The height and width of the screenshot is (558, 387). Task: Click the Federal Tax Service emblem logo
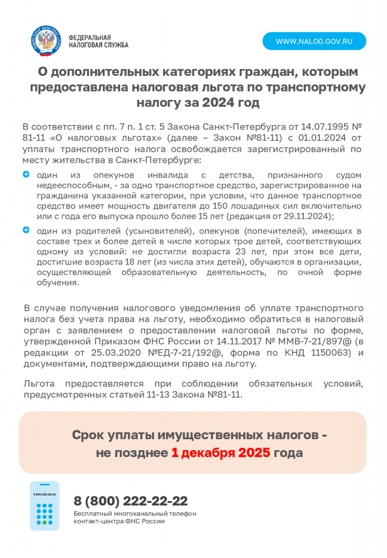(x=45, y=41)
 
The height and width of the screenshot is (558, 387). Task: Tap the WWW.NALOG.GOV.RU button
(x=314, y=41)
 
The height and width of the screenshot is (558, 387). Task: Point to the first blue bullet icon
(x=26, y=175)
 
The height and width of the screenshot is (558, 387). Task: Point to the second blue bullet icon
(x=26, y=230)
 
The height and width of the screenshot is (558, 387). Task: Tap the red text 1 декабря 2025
(x=221, y=453)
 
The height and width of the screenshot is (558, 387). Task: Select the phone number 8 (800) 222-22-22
(x=131, y=501)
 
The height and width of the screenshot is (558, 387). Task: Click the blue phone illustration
(x=45, y=506)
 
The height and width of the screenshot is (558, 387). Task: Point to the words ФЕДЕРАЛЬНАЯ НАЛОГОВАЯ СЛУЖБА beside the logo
(x=98, y=41)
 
